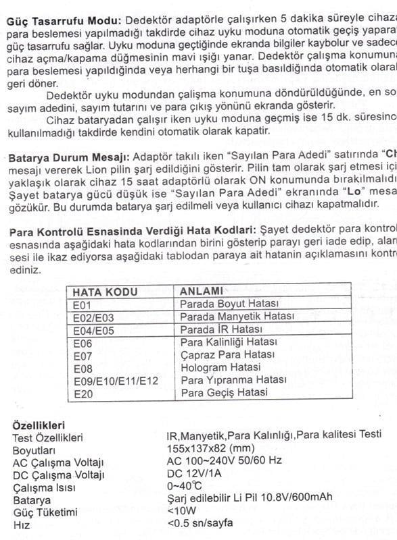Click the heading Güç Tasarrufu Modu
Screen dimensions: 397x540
tap(64, 21)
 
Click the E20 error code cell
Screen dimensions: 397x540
tap(82, 393)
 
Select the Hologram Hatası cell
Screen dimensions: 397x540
tap(220, 367)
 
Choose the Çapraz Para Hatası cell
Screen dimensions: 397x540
tap(227, 354)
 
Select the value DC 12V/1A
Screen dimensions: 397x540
tap(194, 474)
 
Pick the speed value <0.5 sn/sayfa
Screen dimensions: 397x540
tap(200, 524)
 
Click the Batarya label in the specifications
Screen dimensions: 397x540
tap(32, 500)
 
